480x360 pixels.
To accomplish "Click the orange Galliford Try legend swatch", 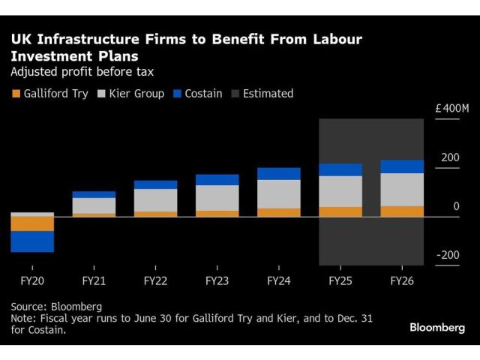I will coord(16,94).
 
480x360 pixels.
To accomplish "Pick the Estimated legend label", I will coord(266,94).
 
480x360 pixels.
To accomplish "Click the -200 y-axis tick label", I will coord(448,255).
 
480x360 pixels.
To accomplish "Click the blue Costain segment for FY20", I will coord(31,241).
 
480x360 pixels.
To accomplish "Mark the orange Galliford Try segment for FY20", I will coord(31,223).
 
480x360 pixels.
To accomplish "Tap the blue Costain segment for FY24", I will coord(278,173).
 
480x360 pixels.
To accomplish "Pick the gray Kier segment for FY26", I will coord(402,190).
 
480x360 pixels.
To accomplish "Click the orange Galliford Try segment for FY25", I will coord(340,211).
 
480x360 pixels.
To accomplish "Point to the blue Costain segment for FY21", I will coord(94,194).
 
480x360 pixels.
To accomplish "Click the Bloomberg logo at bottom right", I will coord(437,328).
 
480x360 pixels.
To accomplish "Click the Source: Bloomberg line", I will coord(56,306).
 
